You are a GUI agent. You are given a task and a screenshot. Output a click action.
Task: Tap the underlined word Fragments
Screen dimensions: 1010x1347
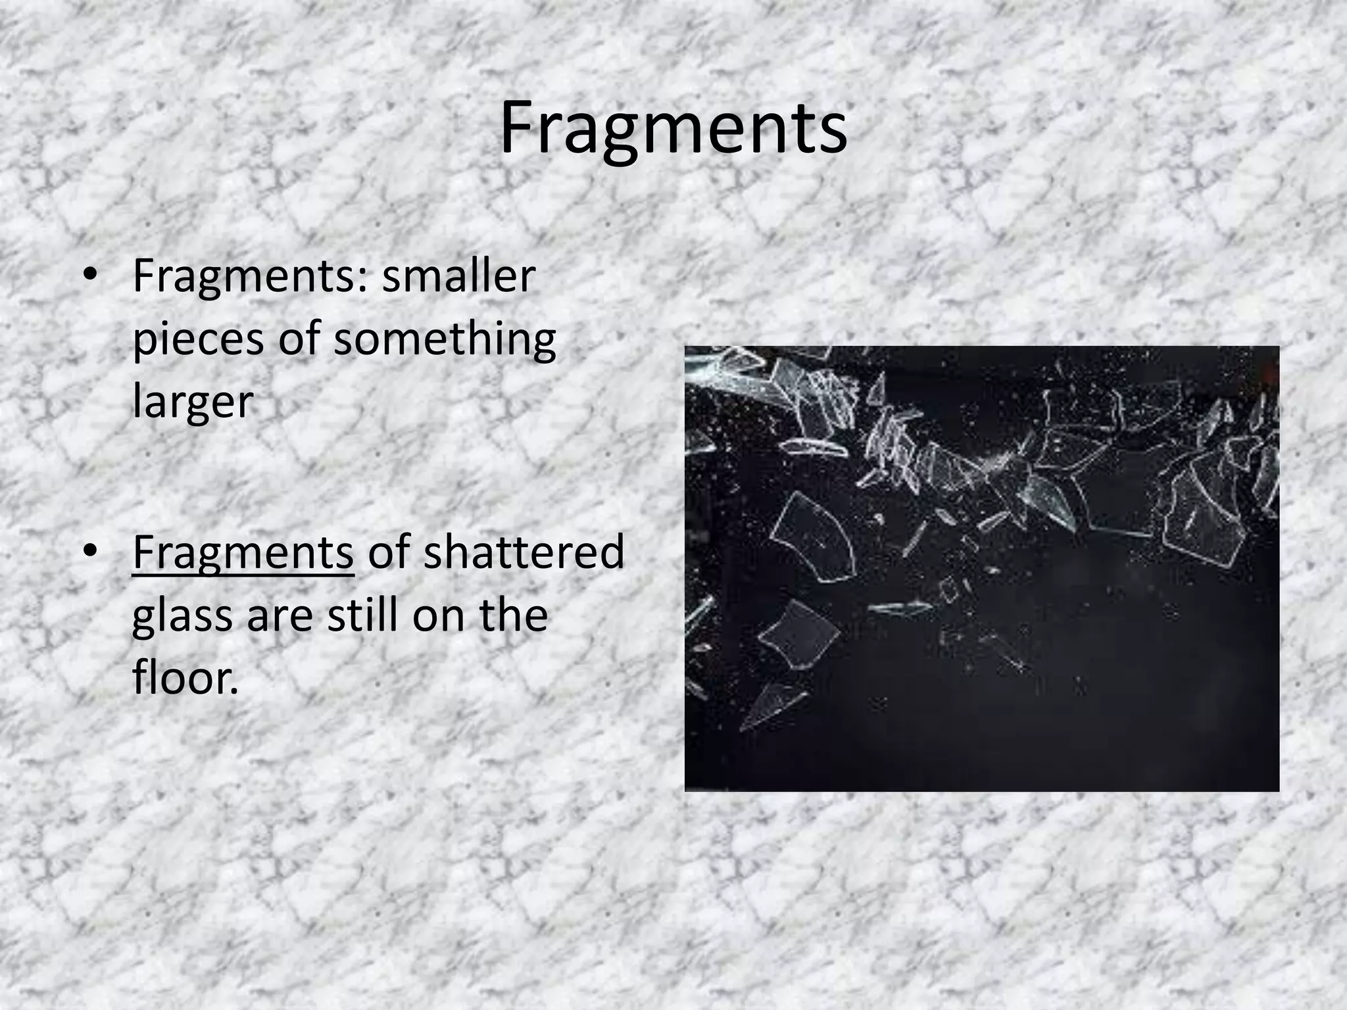point(243,552)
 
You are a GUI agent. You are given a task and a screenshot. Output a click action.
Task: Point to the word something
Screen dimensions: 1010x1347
point(445,341)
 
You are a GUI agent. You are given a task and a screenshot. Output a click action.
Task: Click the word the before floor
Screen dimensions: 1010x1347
point(513,615)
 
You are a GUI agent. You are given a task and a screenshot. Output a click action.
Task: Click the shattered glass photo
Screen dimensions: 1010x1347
point(981,568)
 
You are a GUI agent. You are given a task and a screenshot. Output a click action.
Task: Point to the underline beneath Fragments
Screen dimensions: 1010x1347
point(243,575)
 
